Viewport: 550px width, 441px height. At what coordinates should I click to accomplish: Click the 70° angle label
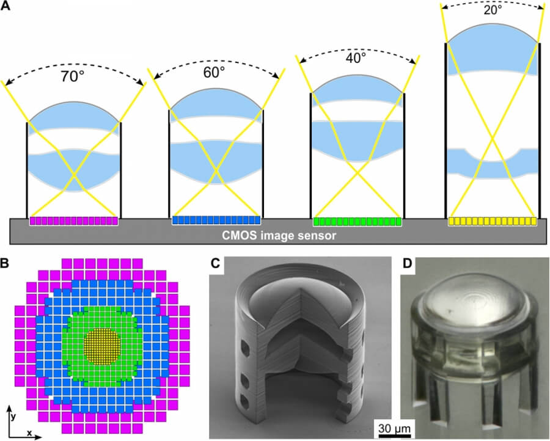coord(73,76)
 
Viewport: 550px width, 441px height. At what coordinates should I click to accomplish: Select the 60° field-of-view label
coord(214,72)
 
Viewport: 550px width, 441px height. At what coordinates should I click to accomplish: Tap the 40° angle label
coord(356,58)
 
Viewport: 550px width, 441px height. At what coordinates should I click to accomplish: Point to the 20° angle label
coord(493,10)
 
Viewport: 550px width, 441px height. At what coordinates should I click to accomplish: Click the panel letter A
coord(5,6)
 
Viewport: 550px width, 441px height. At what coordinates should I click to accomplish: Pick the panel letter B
coord(5,263)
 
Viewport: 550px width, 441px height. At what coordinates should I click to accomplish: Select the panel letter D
coord(408,264)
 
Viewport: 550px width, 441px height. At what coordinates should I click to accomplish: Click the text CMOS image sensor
coord(279,235)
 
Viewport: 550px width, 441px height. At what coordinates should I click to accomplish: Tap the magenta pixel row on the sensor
coord(74,221)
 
